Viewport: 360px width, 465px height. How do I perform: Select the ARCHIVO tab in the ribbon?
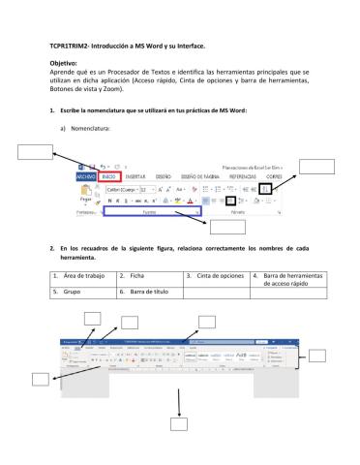coord(86,176)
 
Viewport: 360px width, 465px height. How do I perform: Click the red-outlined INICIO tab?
coord(111,176)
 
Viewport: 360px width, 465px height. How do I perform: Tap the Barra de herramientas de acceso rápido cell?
coord(291,281)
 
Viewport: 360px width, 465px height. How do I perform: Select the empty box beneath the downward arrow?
coord(178,422)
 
